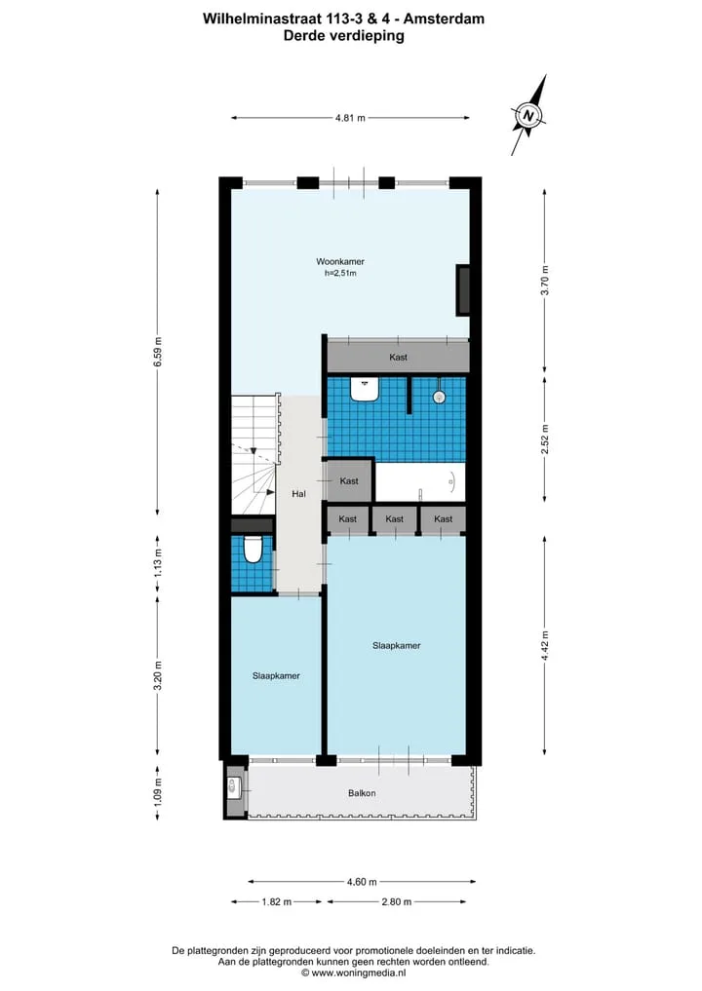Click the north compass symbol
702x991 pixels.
click(x=528, y=115)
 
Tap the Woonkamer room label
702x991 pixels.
click(x=340, y=262)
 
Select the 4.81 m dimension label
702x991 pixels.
click(x=350, y=118)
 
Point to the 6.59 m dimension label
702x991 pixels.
click(x=158, y=352)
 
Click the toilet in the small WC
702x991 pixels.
click(x=253, y=549)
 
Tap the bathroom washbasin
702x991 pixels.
click(x=365, y=390)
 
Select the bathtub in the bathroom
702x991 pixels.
click(x=420, y=482)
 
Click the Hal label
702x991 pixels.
click(x=298, y=494)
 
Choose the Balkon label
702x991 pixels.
click(x=362, y=793)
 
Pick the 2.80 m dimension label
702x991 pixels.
click(x=397, y=902)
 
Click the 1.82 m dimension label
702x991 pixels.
click(x=276, y=902)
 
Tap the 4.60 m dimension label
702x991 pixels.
click(x=362, y=882)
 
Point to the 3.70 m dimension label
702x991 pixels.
click(x=545, y=281)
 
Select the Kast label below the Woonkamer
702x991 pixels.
click(x=399, y=357)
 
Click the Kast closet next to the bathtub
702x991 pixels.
click(x=348, y=481)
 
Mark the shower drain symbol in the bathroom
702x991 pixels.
click(x=439, y=397)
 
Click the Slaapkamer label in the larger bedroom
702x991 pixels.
click(x=397, y=645)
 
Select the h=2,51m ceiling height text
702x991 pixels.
click(x=340, y=273)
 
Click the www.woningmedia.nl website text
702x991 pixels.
click(x=359, y=973)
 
